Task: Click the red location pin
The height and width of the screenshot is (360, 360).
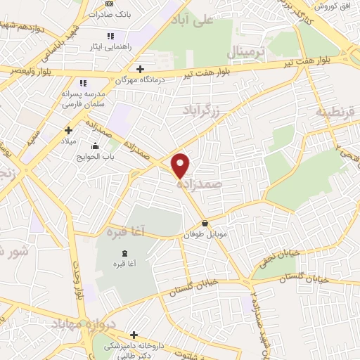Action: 181,165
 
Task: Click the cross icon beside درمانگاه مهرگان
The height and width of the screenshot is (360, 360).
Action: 140,69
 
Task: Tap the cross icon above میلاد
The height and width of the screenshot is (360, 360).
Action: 68,129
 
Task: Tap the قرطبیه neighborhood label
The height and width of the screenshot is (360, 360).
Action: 333,112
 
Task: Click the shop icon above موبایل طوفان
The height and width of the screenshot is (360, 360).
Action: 204,224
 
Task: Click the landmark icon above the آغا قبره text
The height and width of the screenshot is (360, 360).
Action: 124,253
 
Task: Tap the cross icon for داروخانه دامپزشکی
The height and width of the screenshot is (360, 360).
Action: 134,335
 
